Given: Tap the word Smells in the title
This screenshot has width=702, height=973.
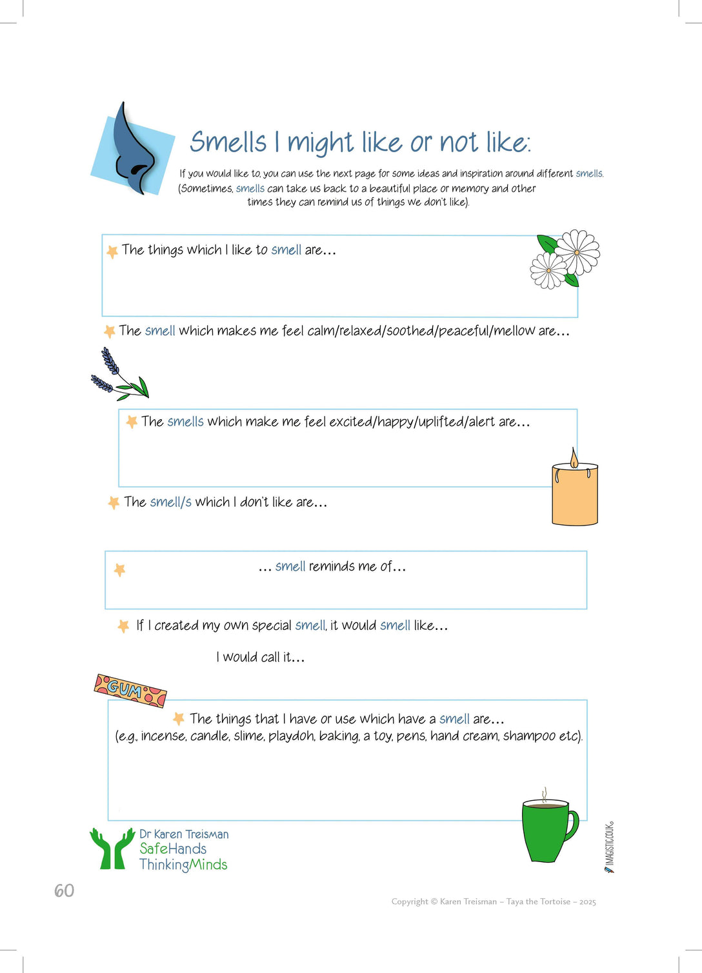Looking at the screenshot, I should [228, 143].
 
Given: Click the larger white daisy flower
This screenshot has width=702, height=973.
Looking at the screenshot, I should [577, 252].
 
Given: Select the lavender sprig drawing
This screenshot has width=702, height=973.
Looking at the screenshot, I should [118, 376].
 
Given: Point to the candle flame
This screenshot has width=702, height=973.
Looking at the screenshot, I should [574, 458].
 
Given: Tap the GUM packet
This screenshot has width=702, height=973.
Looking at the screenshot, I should [130, 691].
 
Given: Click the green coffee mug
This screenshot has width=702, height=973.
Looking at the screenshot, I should [547, 830].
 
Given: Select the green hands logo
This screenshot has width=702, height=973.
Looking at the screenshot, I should [112, 849].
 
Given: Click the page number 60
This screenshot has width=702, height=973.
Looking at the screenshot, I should [64, 890].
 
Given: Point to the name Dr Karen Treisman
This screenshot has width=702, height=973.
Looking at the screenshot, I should [184, 834].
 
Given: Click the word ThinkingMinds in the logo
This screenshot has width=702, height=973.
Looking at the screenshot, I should [183, 865].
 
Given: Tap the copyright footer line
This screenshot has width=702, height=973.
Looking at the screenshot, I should [494, 901].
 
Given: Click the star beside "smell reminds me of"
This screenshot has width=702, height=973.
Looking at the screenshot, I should [119, 570].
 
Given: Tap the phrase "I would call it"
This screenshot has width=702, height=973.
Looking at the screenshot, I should [260, 657].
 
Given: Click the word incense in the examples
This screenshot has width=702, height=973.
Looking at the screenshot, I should [163, 736].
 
